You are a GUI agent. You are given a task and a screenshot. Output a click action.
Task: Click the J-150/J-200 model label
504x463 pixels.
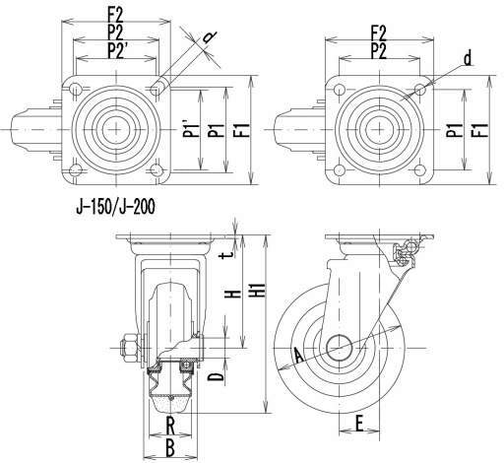pyautogui.click(x=115, y=207)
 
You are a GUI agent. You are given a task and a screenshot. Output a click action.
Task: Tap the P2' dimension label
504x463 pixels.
pyautogui.click(x=117, y=51)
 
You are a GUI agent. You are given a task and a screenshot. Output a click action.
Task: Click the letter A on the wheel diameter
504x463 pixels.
pyautogui.click(x=298, y=356)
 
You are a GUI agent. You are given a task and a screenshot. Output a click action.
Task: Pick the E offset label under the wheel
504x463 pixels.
pyautogui.click(x=359, y=423)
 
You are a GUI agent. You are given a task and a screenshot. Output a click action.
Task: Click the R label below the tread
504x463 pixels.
pyautogui.click(x=170, y=426)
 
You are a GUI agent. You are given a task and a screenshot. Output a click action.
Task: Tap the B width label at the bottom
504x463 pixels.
pyautogui.click(x=170, y=448)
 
